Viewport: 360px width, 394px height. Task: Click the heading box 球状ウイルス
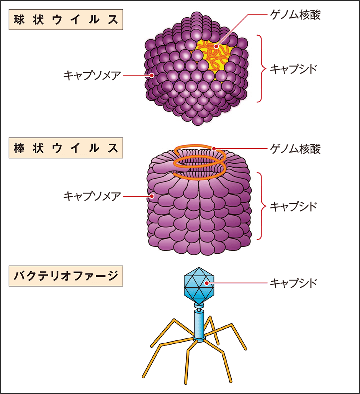[66, 20]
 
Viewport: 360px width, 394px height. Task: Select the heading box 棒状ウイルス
[66, 148]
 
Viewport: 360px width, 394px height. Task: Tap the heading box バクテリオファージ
[66, 276]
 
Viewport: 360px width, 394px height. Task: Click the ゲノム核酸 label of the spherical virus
[295, 15]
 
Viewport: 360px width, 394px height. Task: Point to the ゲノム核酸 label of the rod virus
[295, 149]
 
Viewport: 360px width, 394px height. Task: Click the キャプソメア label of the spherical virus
[92, 75]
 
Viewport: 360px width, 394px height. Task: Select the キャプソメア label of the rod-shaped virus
[92, 196]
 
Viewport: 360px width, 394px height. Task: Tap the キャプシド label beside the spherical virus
[293, 69]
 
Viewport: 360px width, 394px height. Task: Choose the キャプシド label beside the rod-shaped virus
[293, 207]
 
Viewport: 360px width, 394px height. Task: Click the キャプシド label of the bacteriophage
[293, 283]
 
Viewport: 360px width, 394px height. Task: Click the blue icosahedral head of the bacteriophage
[199, 286]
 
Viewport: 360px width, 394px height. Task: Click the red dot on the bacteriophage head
[206, 283]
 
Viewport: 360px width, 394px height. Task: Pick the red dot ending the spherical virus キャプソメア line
[151, 75]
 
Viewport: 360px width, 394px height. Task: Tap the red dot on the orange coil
[214, 149]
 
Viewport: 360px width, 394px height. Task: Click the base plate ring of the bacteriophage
[199, 340]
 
